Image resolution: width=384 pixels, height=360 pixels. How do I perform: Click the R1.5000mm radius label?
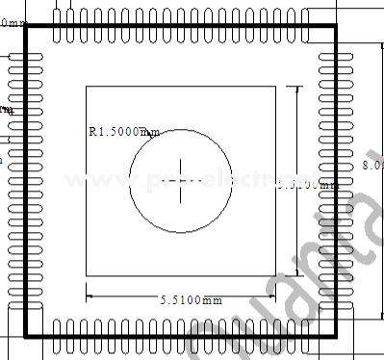(123, 132)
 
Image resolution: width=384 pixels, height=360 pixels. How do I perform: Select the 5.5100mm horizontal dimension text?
(192, 300)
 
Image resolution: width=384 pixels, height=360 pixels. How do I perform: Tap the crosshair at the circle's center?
(181, 180)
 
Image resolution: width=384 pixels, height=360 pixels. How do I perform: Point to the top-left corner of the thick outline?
(25, 27)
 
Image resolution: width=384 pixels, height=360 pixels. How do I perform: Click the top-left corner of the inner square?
(87, 87)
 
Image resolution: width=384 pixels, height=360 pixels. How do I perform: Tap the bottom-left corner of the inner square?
(87, 276)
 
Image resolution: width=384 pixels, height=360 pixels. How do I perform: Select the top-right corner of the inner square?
(277, 87)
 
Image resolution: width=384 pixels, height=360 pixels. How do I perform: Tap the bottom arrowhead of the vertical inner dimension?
(296, 273)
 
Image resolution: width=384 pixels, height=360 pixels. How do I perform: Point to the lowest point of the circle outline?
(181, 232)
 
